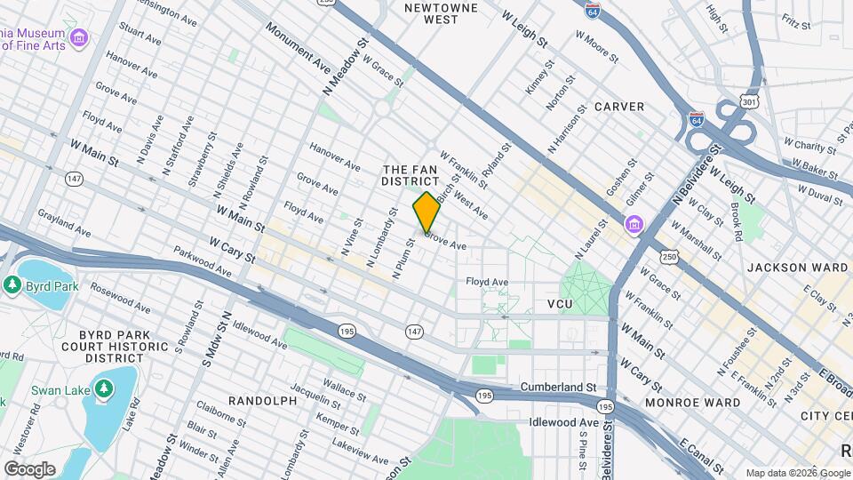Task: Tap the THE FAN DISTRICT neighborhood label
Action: coord(411,175)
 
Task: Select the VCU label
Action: coord(561,304)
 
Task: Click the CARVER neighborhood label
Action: coord(619,107)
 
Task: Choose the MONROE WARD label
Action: coord(700,402)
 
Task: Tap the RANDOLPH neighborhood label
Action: coord(262,401)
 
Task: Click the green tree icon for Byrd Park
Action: coord(12,285)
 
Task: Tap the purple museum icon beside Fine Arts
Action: coord(79,37)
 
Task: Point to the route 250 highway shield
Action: coord(668,257)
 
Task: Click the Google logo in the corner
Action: coord(29,468)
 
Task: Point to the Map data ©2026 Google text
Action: coord(797,473)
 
